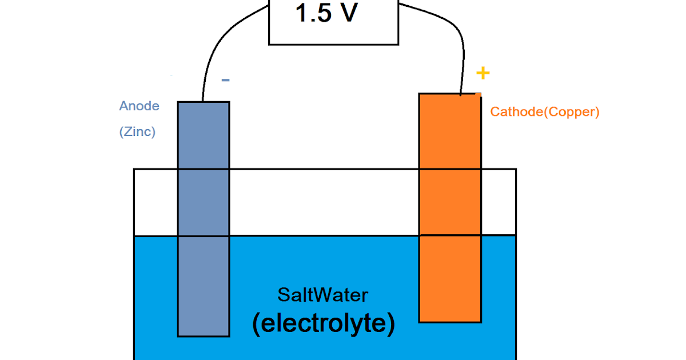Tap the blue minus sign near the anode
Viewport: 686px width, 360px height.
[225, 80]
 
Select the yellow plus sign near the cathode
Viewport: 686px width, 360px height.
[483, 73]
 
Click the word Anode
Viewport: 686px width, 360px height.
[139, 106]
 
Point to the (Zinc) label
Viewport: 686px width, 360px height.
[137, 131]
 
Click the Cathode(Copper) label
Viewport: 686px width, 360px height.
[544, 112]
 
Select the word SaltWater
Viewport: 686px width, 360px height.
[323, 295]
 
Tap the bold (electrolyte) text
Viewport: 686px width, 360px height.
[323, 323]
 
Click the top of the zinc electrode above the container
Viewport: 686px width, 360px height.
[204, 135]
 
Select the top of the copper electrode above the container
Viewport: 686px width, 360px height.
[450, 131]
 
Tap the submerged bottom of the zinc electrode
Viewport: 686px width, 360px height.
[204, 286]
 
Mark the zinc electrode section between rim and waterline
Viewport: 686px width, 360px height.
[204, 202]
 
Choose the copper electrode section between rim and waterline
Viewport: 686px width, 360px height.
[450, 202]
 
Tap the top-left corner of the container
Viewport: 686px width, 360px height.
[134, 169]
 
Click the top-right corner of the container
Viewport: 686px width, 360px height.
[516, 169]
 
